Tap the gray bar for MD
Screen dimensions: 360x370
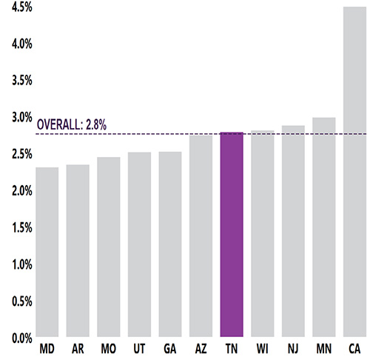pos(47,253)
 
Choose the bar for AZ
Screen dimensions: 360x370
pos(201,236)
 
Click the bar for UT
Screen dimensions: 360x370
pos(139,245)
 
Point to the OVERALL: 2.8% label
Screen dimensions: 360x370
pos(72,125)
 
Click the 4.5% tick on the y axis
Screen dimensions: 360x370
pos(16,7)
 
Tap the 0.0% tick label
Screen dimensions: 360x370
pos(16,338)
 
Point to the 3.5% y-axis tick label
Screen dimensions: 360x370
pos(16,81)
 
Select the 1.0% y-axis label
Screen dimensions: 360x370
pos(16,264)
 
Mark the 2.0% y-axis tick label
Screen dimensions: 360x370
pos(16,191)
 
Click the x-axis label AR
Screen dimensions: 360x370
pos(78,348)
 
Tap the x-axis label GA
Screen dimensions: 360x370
pos(170,348)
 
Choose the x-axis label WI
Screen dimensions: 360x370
pos(263,348)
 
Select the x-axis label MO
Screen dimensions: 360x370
pos(109,348)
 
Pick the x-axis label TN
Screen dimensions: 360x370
pos(232,348)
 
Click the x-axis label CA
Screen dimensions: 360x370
pos(355,348)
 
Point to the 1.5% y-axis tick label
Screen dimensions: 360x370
pos(16,227)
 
